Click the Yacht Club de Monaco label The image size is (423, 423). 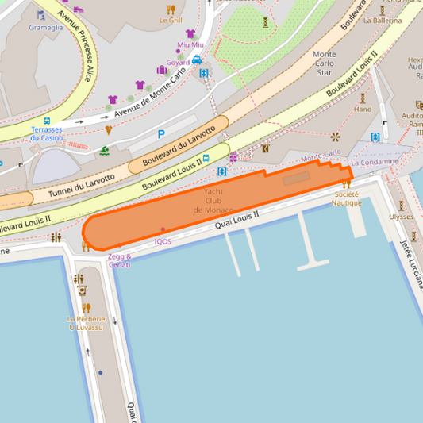click(213, 201)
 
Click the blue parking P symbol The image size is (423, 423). click(161, 135)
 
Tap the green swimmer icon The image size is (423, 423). click(105, 151)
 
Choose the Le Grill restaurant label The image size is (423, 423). click(170, 21)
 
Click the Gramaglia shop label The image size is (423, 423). click(45, 27)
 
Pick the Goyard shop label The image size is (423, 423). click(178, 63)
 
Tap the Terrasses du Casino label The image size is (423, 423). click(47, 133)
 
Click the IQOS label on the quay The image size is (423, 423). click(163, 241)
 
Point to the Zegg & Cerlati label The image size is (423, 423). click(119, 260)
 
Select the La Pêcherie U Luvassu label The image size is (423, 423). click(86, 323)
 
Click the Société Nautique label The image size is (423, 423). click(347, 198)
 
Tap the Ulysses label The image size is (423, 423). click(401, 217)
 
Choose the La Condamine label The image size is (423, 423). click(375, 162)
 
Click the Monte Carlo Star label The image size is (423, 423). click(325, 63)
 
